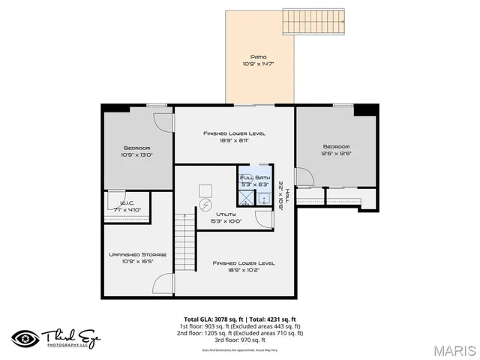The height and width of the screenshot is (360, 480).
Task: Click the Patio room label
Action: tap(259, 57)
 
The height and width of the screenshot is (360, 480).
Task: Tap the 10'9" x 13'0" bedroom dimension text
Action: tap(137, 155)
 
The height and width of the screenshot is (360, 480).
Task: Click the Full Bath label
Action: tap(254, 178)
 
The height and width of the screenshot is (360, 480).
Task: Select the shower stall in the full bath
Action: tap(247, 197)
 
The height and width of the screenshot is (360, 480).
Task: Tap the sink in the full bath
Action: tap(264, 199)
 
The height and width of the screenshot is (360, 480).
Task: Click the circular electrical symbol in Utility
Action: tap(206, 203)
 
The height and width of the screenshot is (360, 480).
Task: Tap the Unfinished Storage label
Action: tap(137, 254)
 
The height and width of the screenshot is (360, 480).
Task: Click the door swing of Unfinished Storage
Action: tap(163, 283)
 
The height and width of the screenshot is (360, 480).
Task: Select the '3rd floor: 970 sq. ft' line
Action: tap(240, 340)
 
